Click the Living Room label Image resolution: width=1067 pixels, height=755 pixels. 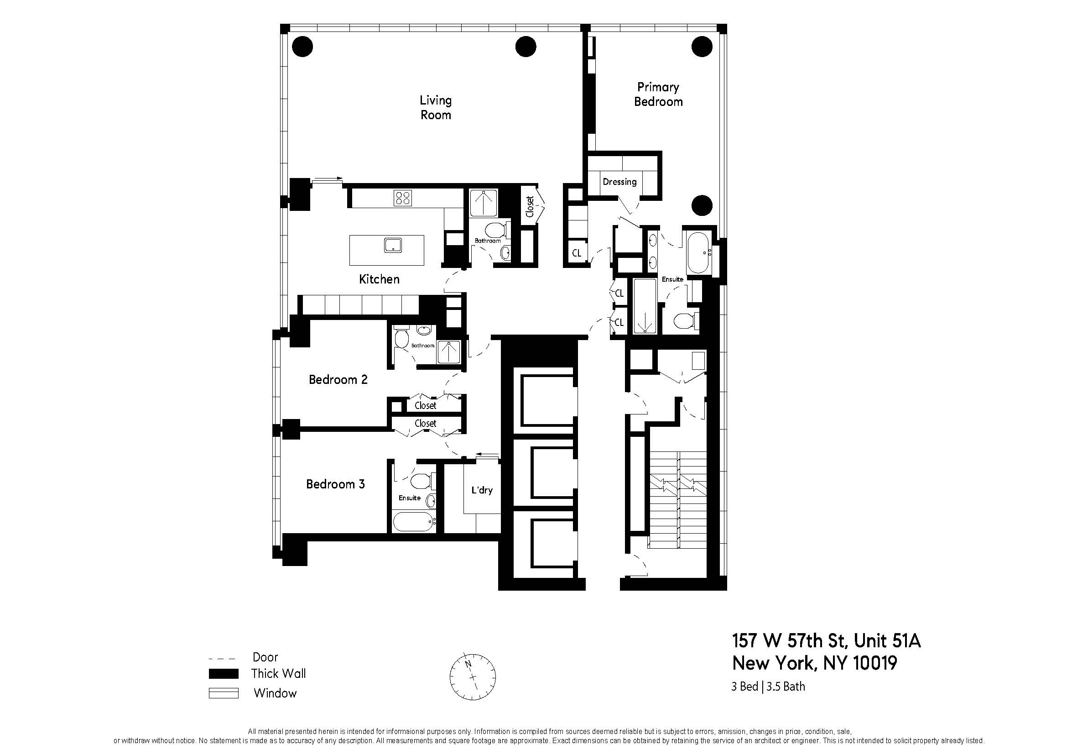pos(436,107)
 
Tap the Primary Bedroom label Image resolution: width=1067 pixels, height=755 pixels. pos(658,94)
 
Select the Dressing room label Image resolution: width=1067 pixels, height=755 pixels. pos(619,182)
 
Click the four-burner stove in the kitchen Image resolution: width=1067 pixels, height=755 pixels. pos(402,198)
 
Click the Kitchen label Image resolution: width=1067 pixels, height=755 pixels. pos(379,279)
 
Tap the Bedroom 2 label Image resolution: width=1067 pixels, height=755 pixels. pos(338,380)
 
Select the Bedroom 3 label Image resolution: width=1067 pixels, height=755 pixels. pos(335,484)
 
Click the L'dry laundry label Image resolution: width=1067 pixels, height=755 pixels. pos(481,490)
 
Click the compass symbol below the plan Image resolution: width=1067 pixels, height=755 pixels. pos(472,677)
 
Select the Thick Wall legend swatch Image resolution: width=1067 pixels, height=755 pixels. pos(224,674)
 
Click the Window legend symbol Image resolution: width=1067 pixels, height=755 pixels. pos(224,693)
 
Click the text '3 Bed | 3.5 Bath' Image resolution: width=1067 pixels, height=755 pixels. pos(768,687)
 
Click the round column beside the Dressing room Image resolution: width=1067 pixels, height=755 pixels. pos(702,205)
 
